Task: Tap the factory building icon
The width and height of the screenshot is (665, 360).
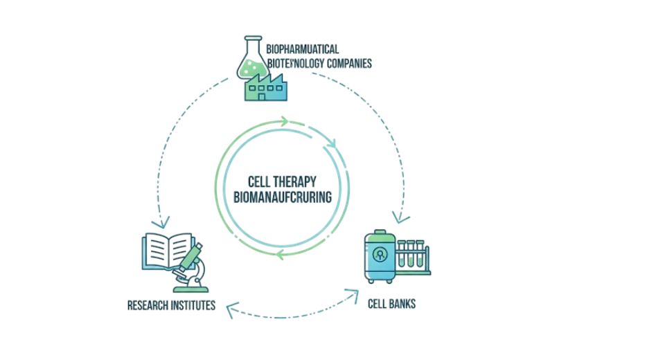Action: (266, 88)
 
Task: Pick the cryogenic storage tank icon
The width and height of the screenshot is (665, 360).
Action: (380, 255)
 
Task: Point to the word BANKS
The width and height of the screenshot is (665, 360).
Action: (402, 303)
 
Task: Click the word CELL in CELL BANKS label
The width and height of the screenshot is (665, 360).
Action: (378, 303)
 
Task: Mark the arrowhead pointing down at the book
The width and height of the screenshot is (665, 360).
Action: (164, 223)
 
